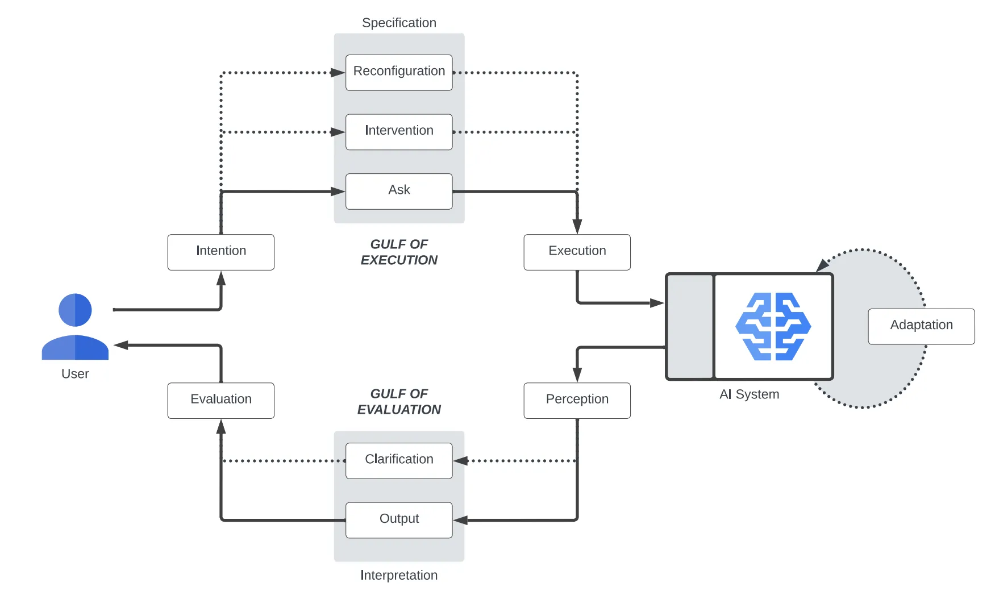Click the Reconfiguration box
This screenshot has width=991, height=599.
399,72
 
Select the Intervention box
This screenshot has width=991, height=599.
399,132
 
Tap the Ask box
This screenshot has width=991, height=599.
399,191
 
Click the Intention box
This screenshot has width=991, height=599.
221,252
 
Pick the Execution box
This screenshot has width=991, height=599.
577,252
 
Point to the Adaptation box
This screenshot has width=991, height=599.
921,326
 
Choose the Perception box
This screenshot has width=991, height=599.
577,400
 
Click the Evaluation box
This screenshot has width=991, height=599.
221,400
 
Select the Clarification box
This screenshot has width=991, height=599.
399,460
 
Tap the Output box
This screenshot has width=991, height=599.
399,520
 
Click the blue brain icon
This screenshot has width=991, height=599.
773,326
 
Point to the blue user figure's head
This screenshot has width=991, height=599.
75,310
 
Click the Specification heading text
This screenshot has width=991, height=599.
399,23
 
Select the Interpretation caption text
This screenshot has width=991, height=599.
399,575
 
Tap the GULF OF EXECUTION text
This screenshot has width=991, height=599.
399,252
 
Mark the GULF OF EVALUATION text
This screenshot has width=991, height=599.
399,401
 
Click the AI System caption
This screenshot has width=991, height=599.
749,394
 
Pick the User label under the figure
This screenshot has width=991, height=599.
75,374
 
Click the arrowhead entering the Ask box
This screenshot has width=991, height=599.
339,192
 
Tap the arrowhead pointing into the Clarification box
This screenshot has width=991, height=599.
460,461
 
